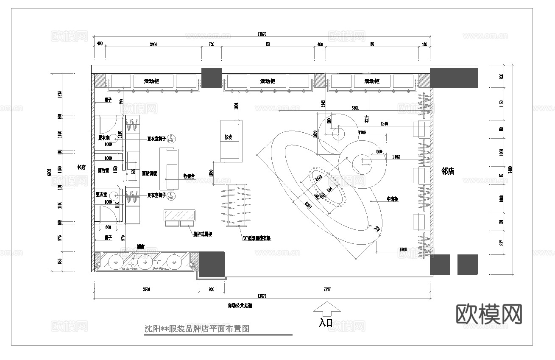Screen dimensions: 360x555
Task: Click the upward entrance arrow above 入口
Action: pos(326,308)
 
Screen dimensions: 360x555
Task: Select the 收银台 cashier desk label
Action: pos(189,176)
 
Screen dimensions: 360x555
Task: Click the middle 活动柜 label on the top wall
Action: pos(268,81)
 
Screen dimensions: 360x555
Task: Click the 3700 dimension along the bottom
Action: pos(146,290)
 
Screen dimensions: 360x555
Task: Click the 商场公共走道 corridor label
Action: pos(240,305)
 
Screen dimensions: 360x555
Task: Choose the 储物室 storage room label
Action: pos(103,170)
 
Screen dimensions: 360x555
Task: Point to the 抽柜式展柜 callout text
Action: pos(203,234)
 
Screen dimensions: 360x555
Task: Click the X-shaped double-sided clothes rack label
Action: pos(256,238)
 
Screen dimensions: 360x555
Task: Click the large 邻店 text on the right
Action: pos(448,171)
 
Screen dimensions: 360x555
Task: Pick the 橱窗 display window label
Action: pos(139,246)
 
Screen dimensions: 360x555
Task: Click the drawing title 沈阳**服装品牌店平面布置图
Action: pos(197,328)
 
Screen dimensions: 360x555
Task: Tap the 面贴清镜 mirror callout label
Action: pos(149,173)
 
